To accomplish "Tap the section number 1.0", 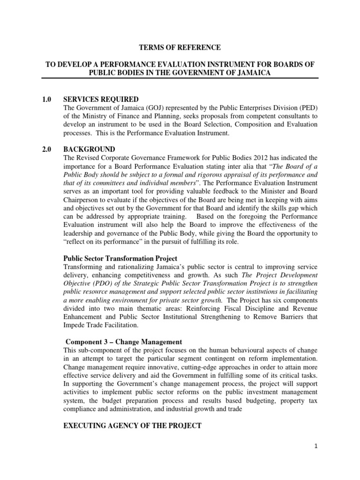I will click(x=46, y=99).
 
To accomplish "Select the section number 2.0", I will click(x=46, y=149).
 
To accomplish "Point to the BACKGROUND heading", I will click(x=89, y=149).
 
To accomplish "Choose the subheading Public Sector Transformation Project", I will click(x=120, y=259).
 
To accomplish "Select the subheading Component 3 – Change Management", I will click(x=123, y=342).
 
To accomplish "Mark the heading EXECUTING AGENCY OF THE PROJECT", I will click(x=132, y=426).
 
